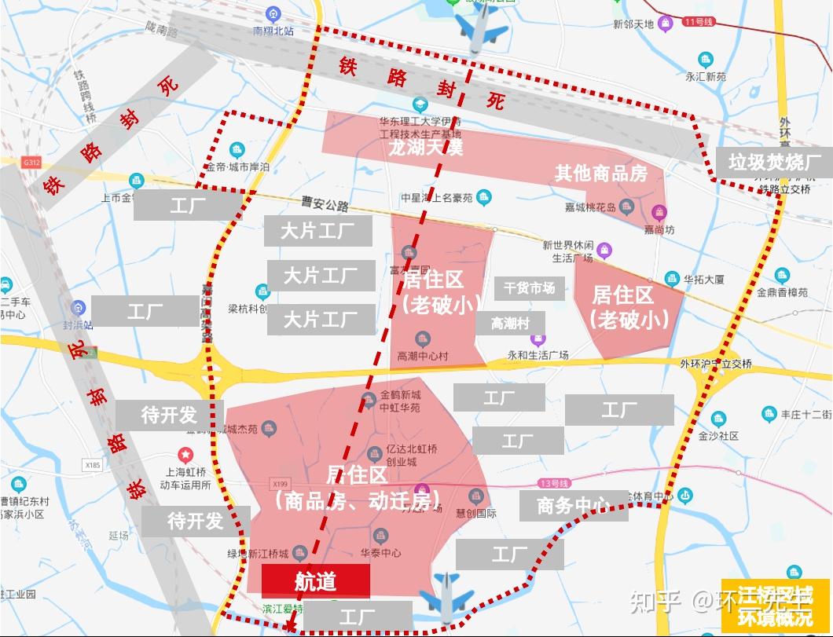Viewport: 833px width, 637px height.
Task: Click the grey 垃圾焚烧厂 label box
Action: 774,163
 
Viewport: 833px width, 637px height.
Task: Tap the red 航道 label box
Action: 315,581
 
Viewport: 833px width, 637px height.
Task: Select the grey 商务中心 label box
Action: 574,505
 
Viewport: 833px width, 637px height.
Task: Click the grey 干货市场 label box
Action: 529,288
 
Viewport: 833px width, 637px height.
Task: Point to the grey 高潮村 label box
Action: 510,323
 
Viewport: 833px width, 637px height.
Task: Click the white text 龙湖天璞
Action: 425,147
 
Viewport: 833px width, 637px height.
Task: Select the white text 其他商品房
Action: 601,173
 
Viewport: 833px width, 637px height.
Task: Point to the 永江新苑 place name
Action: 706,77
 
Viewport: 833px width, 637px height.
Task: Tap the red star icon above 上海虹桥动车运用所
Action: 185,454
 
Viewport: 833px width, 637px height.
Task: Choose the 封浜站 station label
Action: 78,324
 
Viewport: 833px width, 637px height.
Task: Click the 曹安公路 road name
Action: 325,206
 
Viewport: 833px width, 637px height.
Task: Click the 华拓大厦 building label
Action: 703,279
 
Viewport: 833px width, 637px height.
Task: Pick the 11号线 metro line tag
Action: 697,22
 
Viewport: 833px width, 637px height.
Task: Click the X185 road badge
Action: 93,465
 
